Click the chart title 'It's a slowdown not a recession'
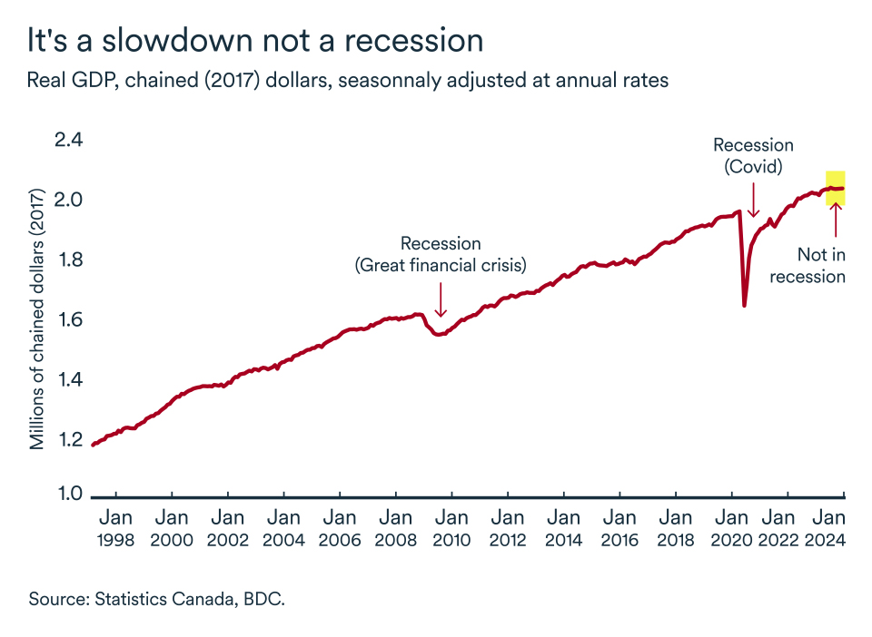[x=254, y=41]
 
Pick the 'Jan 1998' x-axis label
[x=115, y=528]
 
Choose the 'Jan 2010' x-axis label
[x=451, y=528]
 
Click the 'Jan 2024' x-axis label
[x=829, y=528]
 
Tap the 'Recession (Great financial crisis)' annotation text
[x=441, y=254]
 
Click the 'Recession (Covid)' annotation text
[x=753, y=155]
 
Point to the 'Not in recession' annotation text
[x=808, y=265]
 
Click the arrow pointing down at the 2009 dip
[x=441, y=299]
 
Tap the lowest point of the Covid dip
[x=745, y=305]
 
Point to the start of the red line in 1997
[x=93, y=445]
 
